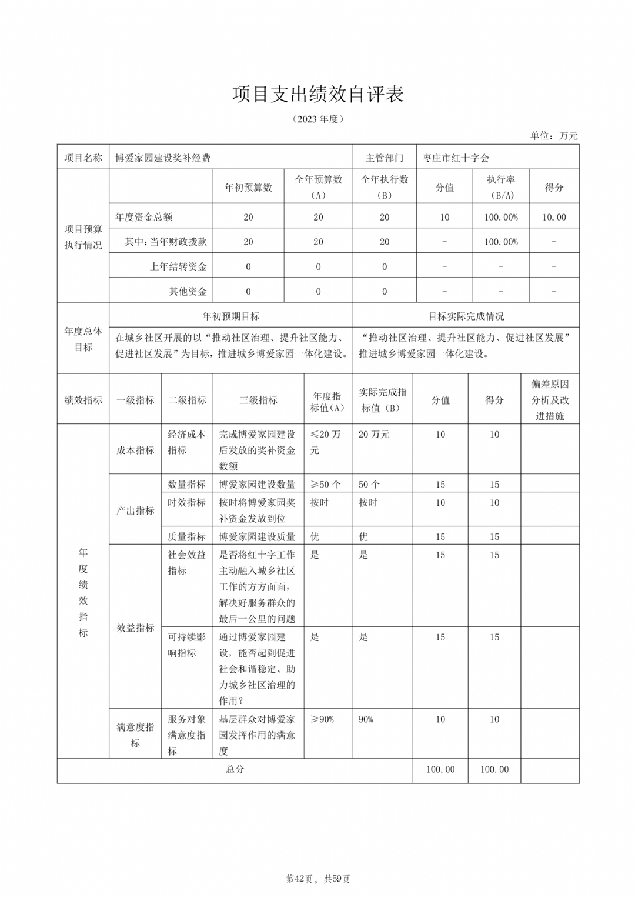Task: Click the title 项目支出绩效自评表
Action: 317,94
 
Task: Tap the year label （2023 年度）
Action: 317,119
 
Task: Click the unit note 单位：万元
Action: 553,136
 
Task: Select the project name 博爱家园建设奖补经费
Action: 163,158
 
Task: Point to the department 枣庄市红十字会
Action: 456,158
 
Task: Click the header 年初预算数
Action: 248,187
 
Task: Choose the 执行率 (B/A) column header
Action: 501,187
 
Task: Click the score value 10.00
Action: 554,217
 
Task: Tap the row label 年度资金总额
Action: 144,217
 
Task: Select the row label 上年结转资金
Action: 178,266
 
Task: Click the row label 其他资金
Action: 188,291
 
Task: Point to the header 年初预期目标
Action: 231,316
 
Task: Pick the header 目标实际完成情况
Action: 466,316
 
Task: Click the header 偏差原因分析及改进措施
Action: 550,400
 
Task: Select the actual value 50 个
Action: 369,485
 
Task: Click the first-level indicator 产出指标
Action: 135,510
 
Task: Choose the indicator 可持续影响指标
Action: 186,645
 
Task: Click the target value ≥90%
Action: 322,719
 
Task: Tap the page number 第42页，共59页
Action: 317,879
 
